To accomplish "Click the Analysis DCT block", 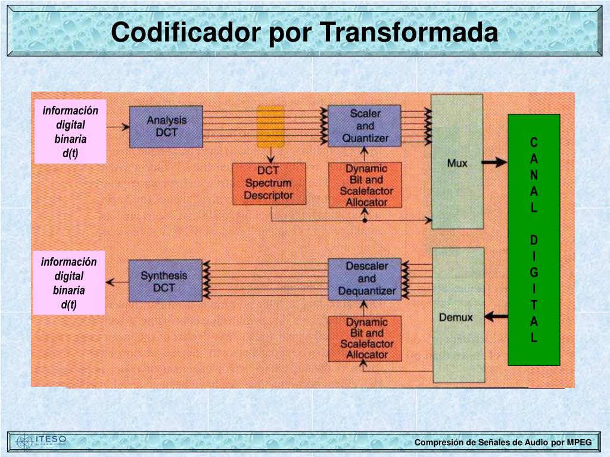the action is tap(167, 126).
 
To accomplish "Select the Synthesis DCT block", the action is tap(164, 281).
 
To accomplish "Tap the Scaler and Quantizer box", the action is tap(365, 126).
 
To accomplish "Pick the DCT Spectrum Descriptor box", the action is tap(269, 184).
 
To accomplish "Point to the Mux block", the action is tap(457, 162).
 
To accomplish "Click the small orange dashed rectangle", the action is tap(269, 127).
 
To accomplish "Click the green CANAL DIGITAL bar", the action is tap(534, 239).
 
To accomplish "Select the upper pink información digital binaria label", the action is tap(70, 132).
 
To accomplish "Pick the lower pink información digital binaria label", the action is tap(69, 283).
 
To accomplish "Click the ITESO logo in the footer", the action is tap(42, 441).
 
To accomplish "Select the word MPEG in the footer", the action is tap(579, 442).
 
